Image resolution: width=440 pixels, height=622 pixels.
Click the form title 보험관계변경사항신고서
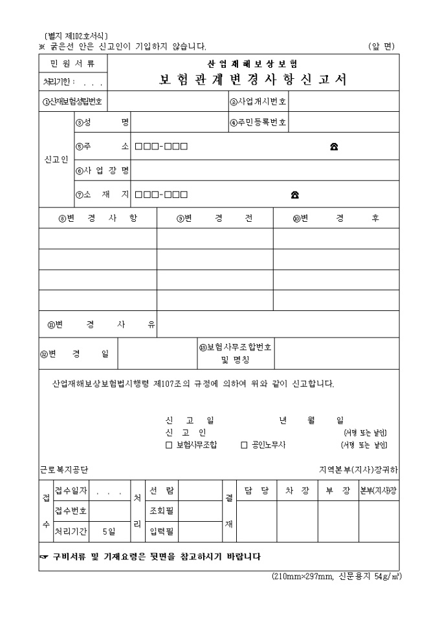253,80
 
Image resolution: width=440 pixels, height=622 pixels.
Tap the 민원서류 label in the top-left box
72,63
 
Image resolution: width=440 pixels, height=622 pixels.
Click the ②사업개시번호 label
258,102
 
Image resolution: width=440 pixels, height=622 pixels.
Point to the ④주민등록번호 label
258,122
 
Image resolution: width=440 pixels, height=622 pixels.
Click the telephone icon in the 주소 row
334,146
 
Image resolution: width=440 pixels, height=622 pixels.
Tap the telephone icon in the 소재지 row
294,194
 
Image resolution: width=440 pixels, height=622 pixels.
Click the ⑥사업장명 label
102,171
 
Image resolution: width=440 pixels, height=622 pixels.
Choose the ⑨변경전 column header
214,219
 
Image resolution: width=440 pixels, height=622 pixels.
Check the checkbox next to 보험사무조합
169,445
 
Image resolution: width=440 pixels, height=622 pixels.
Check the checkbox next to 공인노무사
244,445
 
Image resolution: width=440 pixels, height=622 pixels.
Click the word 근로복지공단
64,469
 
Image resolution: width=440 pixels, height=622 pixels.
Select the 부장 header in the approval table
337,491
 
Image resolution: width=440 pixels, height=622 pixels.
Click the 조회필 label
161,511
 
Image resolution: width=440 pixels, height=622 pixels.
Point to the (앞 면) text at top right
381,46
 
